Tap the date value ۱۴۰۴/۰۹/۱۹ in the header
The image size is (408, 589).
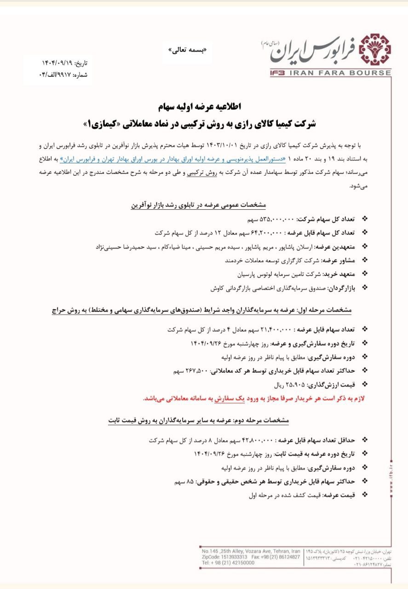pos(59,63)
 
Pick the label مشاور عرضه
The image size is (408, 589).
pos(338,260)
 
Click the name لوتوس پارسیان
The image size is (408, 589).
pos(254,274)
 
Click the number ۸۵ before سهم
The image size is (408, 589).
pos(190,481)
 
